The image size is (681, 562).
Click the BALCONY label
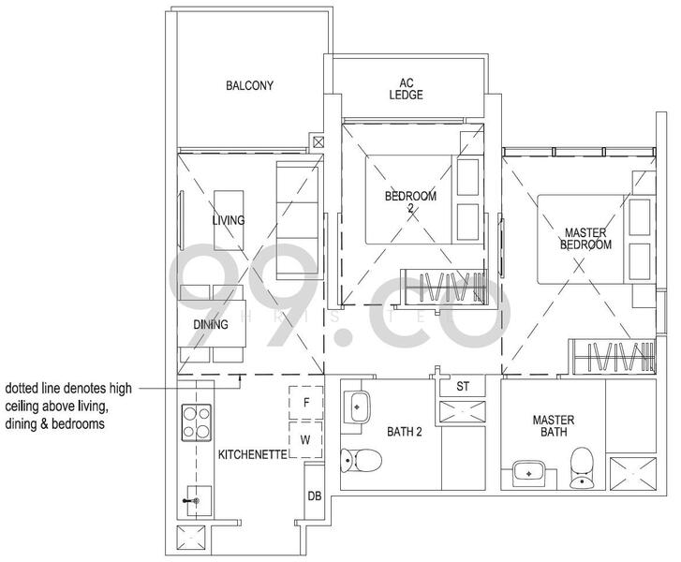(249, 86)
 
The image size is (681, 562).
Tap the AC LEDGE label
(406, 89)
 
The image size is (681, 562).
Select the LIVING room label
(228, 221)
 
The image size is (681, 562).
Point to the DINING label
(211, 325)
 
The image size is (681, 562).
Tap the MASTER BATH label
(553, 427)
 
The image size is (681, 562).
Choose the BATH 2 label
(406, 433)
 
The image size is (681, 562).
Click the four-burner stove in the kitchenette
(197, 422)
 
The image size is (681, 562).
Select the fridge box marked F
(305, 403)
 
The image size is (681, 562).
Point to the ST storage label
(463, 387)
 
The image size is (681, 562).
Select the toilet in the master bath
(583, 466)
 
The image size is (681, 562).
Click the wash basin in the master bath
(529, 474)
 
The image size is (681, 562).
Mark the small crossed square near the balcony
(319, 142)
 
